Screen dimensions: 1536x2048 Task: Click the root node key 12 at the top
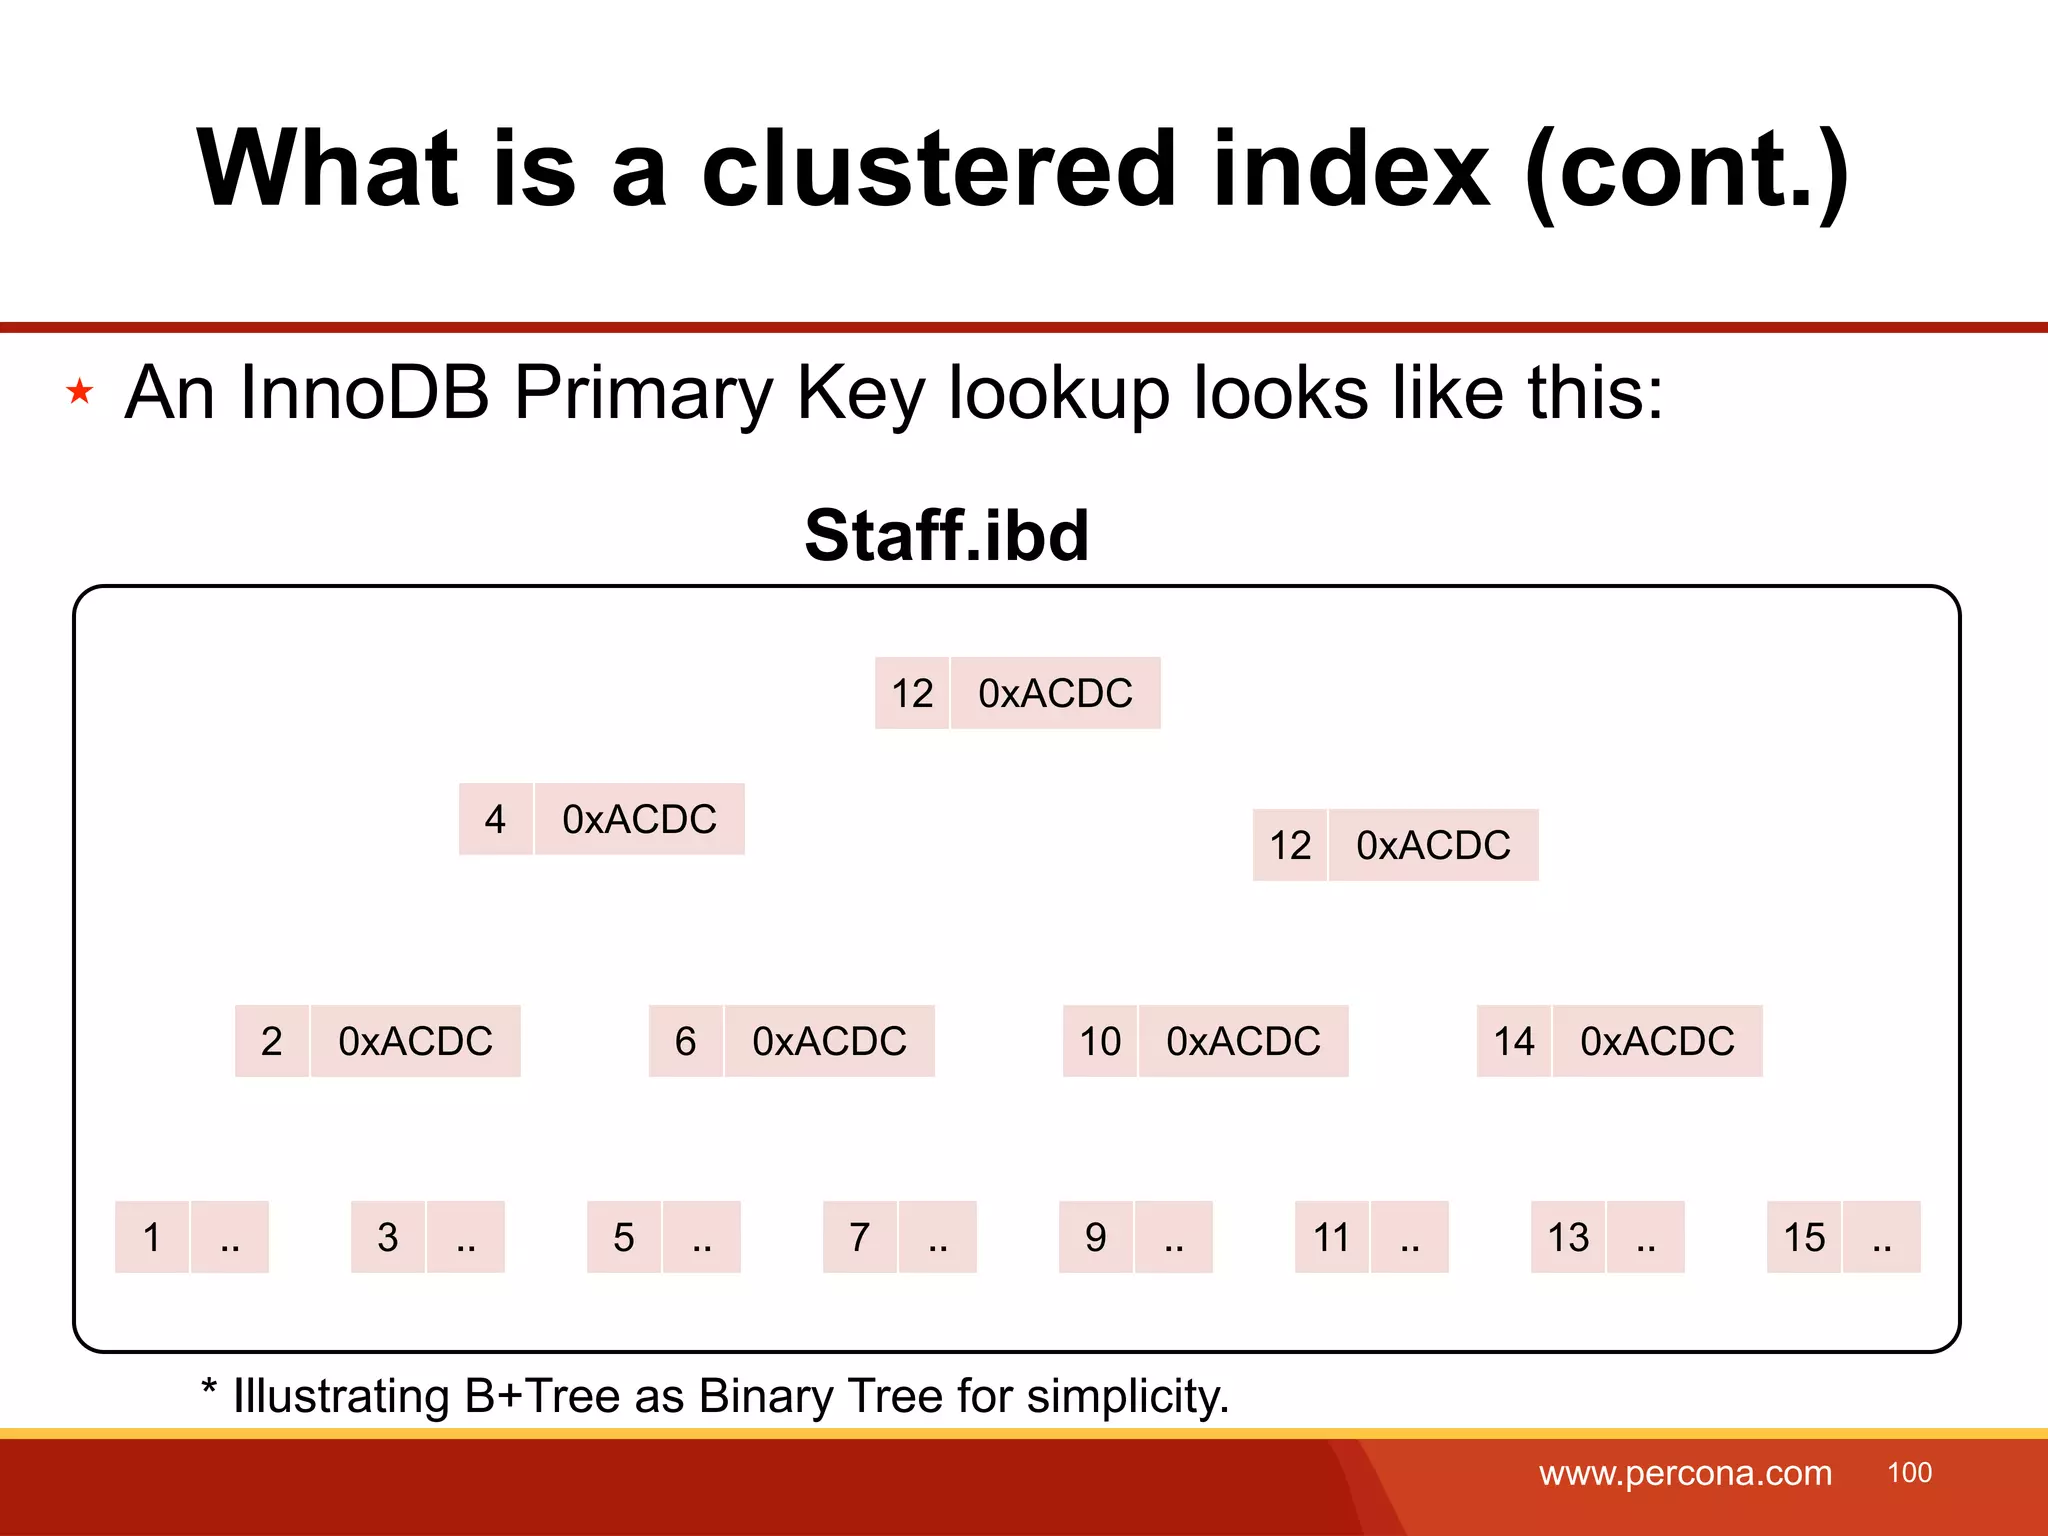coord(911,693)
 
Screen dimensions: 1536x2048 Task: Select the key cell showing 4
coord(495,819)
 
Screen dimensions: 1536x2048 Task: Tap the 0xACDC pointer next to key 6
coord(829,1041)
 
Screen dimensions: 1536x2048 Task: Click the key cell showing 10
coord(1099,1041)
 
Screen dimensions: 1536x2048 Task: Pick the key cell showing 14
coord(1513,1041)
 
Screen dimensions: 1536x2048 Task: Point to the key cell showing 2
coord(271,1041)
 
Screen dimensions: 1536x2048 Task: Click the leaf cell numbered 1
coord(152,1237)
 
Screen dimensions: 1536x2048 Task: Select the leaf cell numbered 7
coord(859,1237)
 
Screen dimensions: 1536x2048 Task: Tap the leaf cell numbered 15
coord(1804,1237)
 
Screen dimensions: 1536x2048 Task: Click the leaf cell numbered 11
coord(1331,1237)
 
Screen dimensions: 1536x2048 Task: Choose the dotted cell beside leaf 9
coord(1174,1237)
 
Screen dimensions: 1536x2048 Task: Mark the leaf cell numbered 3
coord(388,1237)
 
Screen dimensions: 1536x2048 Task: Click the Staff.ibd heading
coord(946,535)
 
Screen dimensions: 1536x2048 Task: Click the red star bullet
coord(80,391)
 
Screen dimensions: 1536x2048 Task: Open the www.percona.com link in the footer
coord(1685,1473)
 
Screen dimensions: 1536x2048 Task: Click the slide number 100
coord(1909,1473)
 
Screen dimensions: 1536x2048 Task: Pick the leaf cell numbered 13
coord(1567,1237)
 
